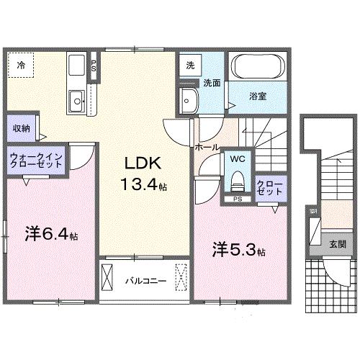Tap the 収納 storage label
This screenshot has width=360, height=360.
tap(21, 129)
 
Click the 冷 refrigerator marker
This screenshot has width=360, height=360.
tap(21, 66)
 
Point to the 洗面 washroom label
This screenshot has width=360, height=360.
tap(210, 84)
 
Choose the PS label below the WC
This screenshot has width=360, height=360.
tap(237, 198)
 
